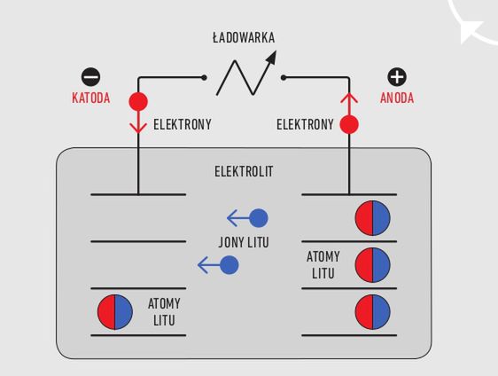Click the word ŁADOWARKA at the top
click(244, 36)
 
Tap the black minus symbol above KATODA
click(91, 77)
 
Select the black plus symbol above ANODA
click(397, 77)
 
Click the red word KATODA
click(91, 98)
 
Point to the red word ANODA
click(397, 98)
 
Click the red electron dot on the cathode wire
click(138, 101)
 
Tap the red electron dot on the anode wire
click(349, 124)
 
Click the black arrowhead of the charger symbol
click(271, 58)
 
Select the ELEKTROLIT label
click(244, 172)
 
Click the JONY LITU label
click(244, 242)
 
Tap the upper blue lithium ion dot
click(259, 218)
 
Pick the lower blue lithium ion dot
click(230, 265)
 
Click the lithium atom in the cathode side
click(115, 312)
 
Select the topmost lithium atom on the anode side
click(372, 218)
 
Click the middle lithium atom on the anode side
click(372, 265)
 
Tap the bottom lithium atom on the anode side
click(372, 312)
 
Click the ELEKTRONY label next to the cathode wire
click(183, 124)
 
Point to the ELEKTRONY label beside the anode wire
click(305, 124)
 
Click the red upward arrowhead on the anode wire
click(349, 98)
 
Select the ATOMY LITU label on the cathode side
click(164, 312)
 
